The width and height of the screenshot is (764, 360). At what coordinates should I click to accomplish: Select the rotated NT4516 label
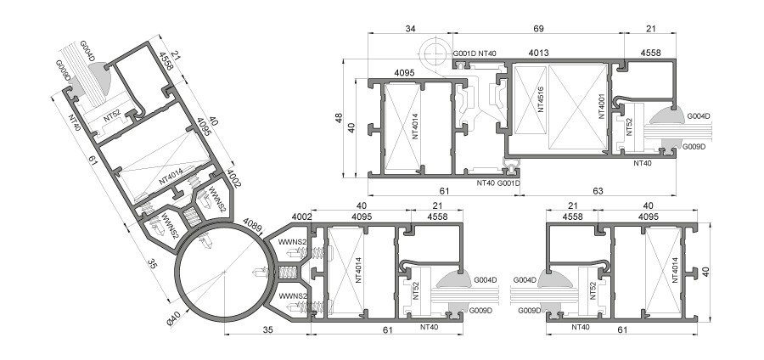541,100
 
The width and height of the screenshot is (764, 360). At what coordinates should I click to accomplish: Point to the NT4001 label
602,106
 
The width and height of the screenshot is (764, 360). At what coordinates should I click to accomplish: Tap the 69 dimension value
538,29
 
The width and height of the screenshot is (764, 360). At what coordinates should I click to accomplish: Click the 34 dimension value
410,29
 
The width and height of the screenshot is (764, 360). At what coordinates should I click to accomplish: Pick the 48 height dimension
339,118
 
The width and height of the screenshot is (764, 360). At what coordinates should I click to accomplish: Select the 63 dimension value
598,191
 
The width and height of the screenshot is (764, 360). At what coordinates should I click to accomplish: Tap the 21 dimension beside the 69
650,29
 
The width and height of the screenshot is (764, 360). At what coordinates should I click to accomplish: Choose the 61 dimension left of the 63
444,191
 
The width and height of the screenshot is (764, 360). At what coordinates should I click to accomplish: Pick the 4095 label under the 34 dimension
404,73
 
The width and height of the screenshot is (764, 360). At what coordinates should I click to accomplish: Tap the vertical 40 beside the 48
351,127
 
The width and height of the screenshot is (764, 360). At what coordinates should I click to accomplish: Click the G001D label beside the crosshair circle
464,53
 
